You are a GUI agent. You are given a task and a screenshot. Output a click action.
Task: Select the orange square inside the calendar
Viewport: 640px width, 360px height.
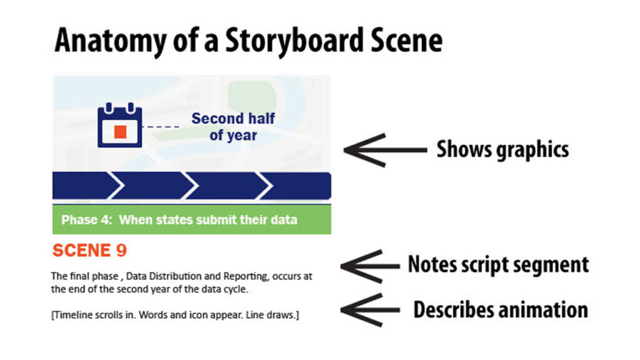coord(121,131)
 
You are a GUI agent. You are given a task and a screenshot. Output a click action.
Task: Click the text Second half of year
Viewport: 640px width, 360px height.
coord(233,126)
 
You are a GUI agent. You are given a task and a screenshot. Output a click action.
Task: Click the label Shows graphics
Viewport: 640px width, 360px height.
coord(502,149)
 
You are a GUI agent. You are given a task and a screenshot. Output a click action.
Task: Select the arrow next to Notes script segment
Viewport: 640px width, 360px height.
coord(369,266)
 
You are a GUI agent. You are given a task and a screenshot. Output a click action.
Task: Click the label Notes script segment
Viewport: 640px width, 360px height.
coord(498,264)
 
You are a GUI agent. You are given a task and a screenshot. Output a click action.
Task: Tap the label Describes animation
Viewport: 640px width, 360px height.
coord(500,309)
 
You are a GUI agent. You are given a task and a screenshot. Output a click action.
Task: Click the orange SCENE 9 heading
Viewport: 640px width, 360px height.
coord(89,251)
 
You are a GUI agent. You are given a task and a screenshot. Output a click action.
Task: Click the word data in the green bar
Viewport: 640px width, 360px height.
coord(284,220)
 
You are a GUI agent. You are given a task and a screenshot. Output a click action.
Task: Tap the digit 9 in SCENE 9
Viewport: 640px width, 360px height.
coord(121,251)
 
